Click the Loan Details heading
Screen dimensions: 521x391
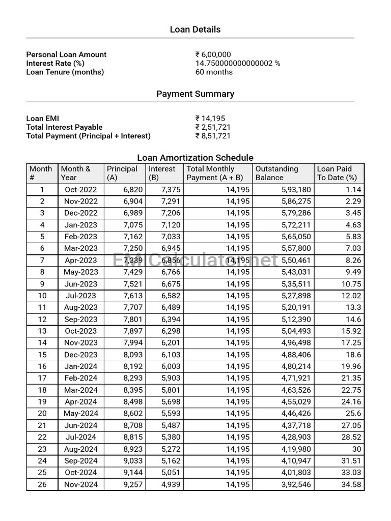(x=195, y=30)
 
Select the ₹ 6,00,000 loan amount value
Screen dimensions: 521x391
(x=213, y=54)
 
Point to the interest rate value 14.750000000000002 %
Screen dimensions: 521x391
(x=238, y=63)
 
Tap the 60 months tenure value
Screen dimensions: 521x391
(x=214, y=72)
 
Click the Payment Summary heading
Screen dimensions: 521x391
(x=195, y=94)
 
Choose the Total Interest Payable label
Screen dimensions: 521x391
(x=65, y=127)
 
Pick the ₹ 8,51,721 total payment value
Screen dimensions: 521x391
(x=213, y=136)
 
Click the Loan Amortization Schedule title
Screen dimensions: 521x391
(x=195, y=158)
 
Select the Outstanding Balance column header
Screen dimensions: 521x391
(x=277, y=173)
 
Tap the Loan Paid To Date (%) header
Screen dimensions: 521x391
(x=337, y=173)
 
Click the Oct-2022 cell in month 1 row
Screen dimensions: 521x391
(x=81, y=189)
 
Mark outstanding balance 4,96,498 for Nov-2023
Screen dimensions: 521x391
(x=296, y=343)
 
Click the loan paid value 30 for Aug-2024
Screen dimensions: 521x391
(x=356, y=449)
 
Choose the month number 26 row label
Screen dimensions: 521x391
(x=42, y=484)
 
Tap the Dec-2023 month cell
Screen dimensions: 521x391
(x=81, y=355)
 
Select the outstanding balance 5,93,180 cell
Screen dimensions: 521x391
(x=296, y=189)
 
